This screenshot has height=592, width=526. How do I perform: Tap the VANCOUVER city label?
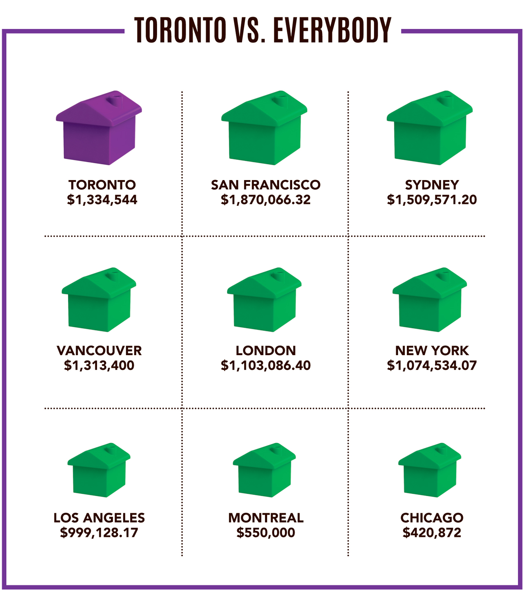(x=99, y=351)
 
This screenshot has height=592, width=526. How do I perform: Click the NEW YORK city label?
(x=432, y=351)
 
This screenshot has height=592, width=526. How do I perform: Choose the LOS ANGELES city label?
(x=99, y=518)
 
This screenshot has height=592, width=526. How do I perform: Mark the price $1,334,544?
(x=102, y=200)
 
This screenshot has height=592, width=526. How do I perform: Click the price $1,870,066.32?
(x=265, y=200)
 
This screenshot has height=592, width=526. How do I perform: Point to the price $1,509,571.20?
(x=432, y=200)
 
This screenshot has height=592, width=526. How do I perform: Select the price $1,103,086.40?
(x=265, y=365)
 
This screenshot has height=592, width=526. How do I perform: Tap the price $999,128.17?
(x=99, y=533)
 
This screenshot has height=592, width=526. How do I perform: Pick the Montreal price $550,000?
(x=265, y=533)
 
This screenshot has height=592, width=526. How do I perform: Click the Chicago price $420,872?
(x=432, y=533)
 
